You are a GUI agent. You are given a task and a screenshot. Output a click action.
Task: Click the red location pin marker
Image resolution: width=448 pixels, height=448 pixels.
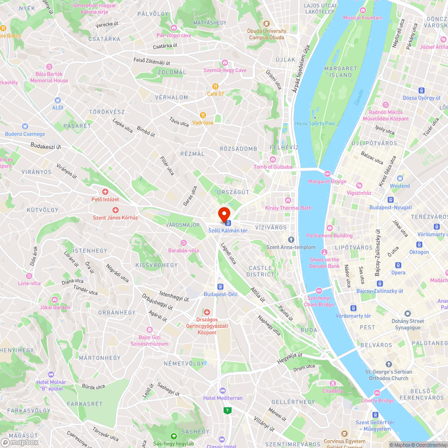pyautogui.click(x=224, y=214)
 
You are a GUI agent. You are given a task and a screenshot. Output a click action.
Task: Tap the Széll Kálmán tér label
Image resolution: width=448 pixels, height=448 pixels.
pyautogui.click(x=228, y=230)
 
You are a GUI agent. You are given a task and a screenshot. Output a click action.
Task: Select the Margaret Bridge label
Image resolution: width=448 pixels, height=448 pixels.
pyautogui.click(x=327, y=181)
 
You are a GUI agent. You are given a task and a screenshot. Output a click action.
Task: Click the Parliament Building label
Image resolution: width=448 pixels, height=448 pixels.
pyautogui.click(x=329, y=236)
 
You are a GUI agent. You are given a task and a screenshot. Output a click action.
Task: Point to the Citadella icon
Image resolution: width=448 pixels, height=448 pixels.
pyautogui.click(x=333, y=383)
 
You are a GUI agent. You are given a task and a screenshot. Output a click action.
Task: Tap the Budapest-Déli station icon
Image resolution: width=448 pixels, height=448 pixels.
pyautogui.click(x=220, y=287)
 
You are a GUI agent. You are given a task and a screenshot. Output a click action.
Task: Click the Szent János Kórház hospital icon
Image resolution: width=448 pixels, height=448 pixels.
pyautogui.click(x=115, y=210)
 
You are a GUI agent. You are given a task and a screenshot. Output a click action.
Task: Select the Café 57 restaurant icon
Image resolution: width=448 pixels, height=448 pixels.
pyautogui.click(x=215, y=86)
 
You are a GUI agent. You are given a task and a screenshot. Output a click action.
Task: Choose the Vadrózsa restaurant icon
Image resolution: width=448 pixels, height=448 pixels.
pyautogui.click(x=202, y=115)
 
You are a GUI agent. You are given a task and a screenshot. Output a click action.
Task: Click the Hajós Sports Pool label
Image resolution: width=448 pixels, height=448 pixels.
pyautogui.click(x=315, y=123)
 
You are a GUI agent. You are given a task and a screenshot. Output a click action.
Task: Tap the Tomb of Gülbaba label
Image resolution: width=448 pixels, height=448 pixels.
pyautogui.click(x=273, y=167)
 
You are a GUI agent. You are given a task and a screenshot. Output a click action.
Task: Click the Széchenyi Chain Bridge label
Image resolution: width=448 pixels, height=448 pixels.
pyautogui.click(x=319, y=301)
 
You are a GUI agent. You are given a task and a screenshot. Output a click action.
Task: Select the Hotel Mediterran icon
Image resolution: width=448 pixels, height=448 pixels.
pyautogui.click(x=223, y=391)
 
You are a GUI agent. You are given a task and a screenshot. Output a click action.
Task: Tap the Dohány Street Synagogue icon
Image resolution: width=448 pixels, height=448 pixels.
pyautogui.click(x=408, y=314)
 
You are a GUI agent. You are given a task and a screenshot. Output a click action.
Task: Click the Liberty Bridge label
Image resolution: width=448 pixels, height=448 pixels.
pyautogui.click(x=377, y=401)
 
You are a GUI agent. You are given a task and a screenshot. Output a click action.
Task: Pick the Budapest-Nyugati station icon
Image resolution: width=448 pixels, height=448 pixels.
pyautogui.click(x=391, y=200)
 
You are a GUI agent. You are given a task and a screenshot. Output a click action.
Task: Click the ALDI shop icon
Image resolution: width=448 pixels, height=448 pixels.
pyautogui.click(x=57, y=101)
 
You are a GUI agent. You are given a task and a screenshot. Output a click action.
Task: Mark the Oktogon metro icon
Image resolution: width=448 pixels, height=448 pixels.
pyautogui.click(x=419, y=245)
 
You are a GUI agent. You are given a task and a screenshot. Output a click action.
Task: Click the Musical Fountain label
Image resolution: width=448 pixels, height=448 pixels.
pyautogui.click(x=363, y=17)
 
